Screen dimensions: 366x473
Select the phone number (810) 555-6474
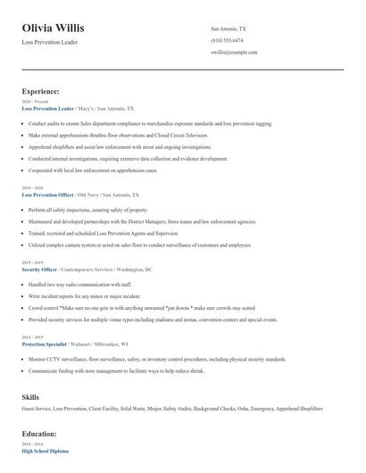click(226, 41)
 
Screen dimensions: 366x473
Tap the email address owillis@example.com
click(233, 53)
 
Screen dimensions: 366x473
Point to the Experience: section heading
click(41, 91)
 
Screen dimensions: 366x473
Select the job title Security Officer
click(39, 269)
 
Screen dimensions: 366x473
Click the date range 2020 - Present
click(31, 102)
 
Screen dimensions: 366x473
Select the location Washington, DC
click(135, 269)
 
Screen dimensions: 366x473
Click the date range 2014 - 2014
click(31, 444)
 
